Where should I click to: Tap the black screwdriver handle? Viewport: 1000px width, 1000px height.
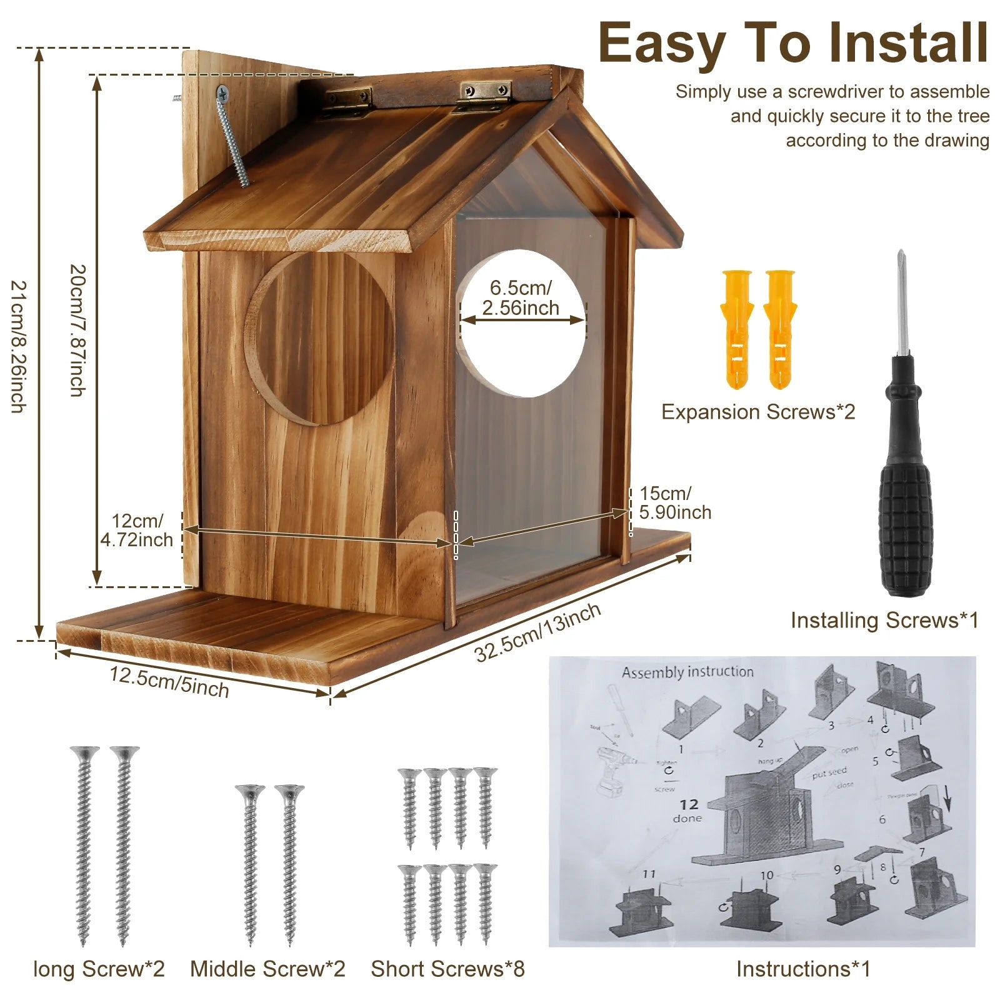tap(904, 500)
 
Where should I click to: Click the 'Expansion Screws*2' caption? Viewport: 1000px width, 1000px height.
tap(757, 412)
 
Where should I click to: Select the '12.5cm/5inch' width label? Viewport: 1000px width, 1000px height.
tap(169, 682)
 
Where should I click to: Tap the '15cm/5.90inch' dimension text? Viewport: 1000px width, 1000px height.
tap(675, 502)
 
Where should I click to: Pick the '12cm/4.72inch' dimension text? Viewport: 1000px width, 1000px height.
tap(137, 530)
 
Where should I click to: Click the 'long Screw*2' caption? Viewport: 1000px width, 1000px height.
tap(99, 969)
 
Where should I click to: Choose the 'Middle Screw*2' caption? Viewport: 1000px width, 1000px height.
tap(267, 969)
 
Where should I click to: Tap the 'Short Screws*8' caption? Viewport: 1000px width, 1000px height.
tap(447, 969)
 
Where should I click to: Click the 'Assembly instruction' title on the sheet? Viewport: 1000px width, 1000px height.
tap(687, 672)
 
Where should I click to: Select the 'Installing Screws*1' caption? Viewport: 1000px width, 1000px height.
tap(884, 620)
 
